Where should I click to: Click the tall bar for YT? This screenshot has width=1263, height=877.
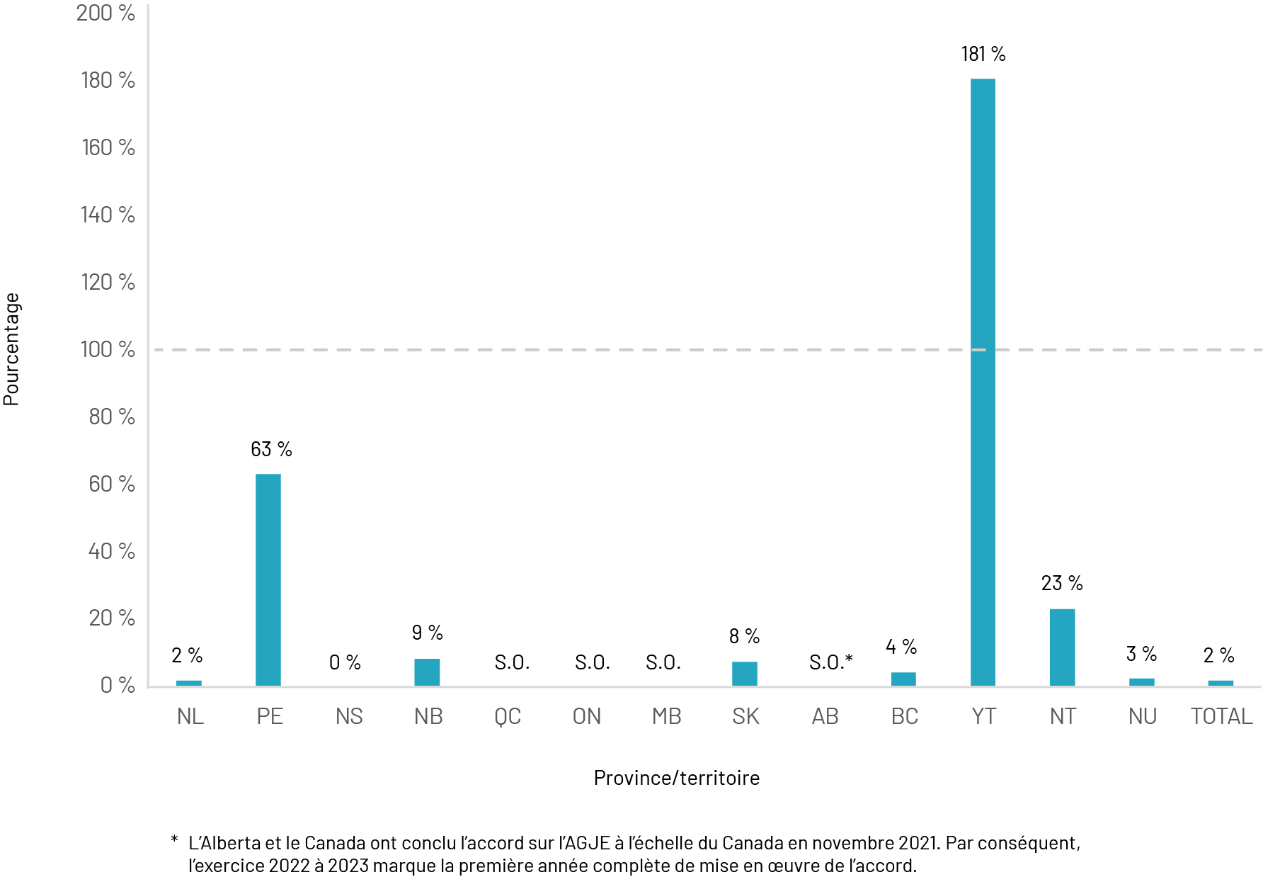(983, 383)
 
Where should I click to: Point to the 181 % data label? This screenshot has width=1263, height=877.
(983, 54)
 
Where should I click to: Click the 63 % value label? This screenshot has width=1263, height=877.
(271, 449)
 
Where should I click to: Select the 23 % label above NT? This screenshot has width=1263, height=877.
(1062, 583)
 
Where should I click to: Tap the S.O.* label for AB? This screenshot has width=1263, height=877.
(830, 662)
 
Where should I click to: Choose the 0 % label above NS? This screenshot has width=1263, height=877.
(345, 662)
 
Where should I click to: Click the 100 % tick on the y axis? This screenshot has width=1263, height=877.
(108, 349)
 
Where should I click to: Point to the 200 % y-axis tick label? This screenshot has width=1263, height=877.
(105, 13)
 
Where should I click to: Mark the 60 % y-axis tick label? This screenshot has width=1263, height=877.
(111, 484)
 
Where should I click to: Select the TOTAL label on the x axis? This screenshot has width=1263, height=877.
(1221, 716)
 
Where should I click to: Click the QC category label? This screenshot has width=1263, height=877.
(508, 716)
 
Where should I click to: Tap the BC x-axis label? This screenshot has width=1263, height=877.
(904, 716)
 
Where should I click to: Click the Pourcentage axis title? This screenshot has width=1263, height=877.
(11, 349)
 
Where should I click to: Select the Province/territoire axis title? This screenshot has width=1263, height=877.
(676, 778)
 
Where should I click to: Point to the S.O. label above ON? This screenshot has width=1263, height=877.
(592, 662)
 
